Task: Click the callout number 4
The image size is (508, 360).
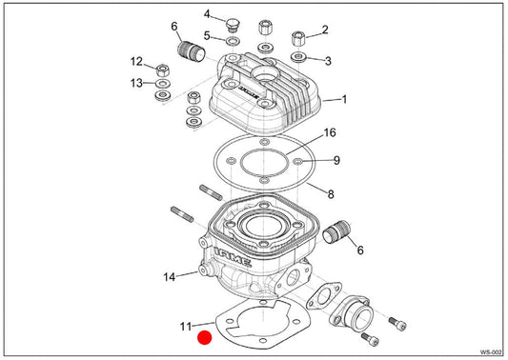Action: tap(207, 14)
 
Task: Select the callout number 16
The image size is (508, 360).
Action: tap(330, 132)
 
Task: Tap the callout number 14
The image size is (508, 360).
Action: tap(169, 277)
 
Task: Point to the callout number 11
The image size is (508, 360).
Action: tap(186, 327)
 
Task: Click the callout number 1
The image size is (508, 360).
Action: tap(344, 99)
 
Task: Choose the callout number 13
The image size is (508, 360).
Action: tap(136, 83)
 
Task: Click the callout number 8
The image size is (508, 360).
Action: tap(331, 194)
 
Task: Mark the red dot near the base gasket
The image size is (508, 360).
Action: tap(205, 338)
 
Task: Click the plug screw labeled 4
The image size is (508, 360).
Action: tap(232, 25)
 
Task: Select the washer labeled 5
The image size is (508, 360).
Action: tap(233, 42)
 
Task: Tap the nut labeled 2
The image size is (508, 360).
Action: tap(298, 39)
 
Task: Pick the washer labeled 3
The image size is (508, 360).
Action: tap(298, 57)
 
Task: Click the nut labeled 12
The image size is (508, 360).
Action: tap(163, 70)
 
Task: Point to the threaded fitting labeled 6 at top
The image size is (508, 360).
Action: tap(192, 50)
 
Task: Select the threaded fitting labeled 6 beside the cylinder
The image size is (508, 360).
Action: tap(337, 231)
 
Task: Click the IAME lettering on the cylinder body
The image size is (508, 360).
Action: tap(233, 257)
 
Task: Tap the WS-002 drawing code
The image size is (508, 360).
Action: tap(492, 352)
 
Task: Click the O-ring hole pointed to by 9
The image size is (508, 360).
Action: tap(297, 161)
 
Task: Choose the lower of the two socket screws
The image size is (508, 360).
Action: tap(370, 339)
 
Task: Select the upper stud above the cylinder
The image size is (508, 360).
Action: tap(211, 192)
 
